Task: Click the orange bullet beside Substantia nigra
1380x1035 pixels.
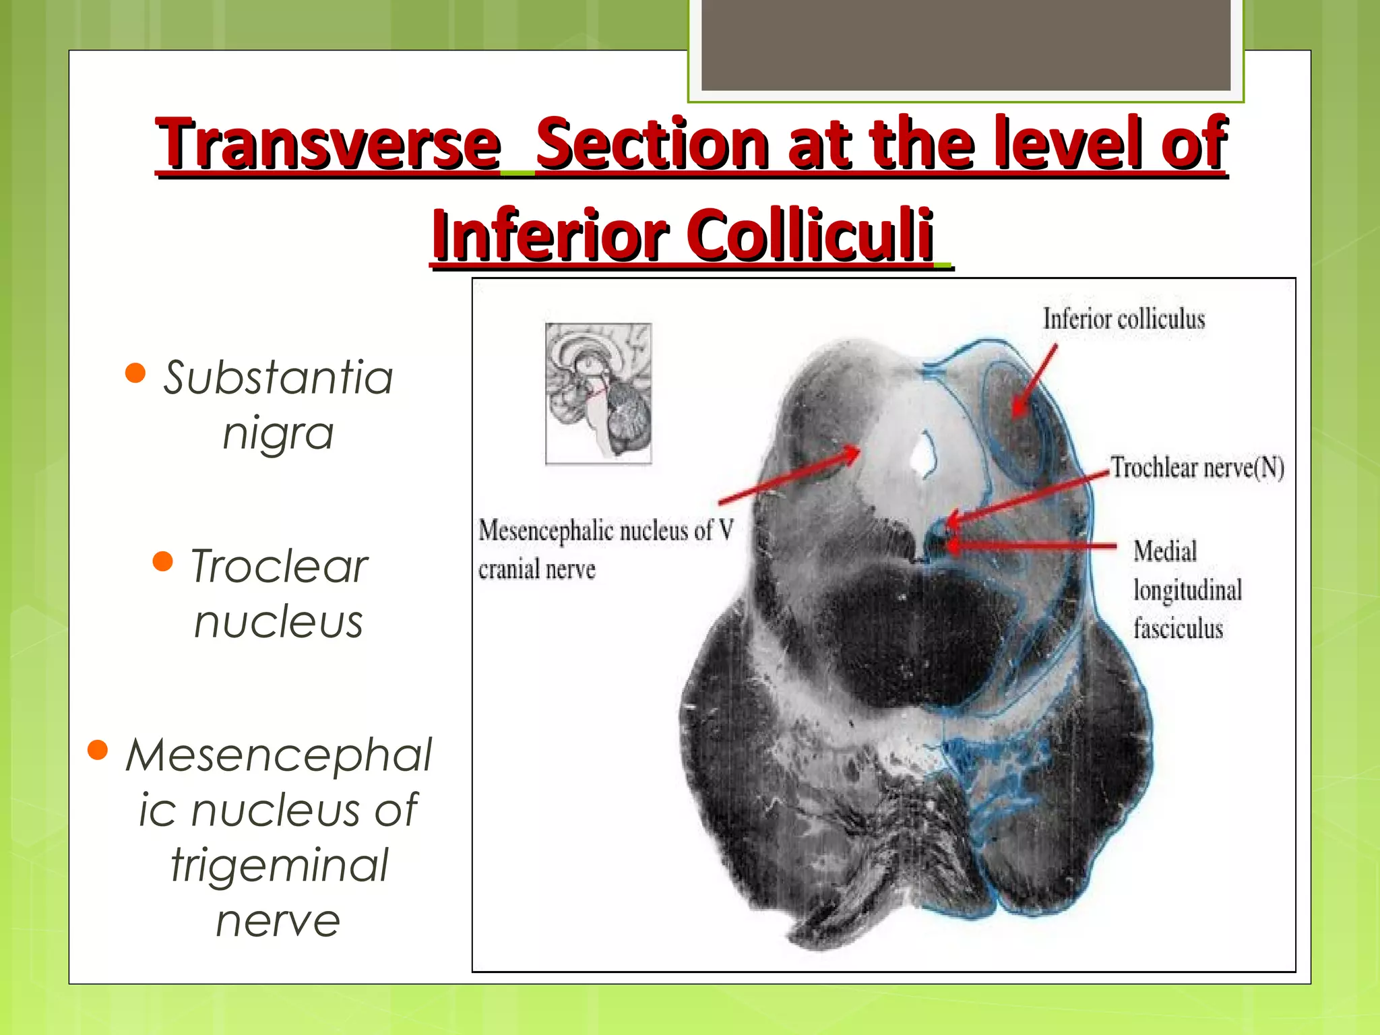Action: tap(135, 373)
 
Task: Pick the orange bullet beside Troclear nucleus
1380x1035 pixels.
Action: tap(163, 561)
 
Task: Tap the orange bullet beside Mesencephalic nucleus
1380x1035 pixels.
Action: tap(98, 749)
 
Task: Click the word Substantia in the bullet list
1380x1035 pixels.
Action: tap(278, 377)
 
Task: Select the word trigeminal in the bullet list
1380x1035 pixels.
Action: tap(279, 865)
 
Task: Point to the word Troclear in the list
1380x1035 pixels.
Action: tap(279, 566)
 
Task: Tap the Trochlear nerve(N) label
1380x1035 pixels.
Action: tap(1197, 468)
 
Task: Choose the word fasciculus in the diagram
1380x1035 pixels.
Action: tap(1177, 629)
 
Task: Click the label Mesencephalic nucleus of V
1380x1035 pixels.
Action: tap(605, 531)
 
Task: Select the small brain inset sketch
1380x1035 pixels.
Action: tap(598, 394)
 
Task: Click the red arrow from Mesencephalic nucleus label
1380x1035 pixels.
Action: tap(788, 476)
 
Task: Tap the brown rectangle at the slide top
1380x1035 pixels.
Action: tap(966, 44)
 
